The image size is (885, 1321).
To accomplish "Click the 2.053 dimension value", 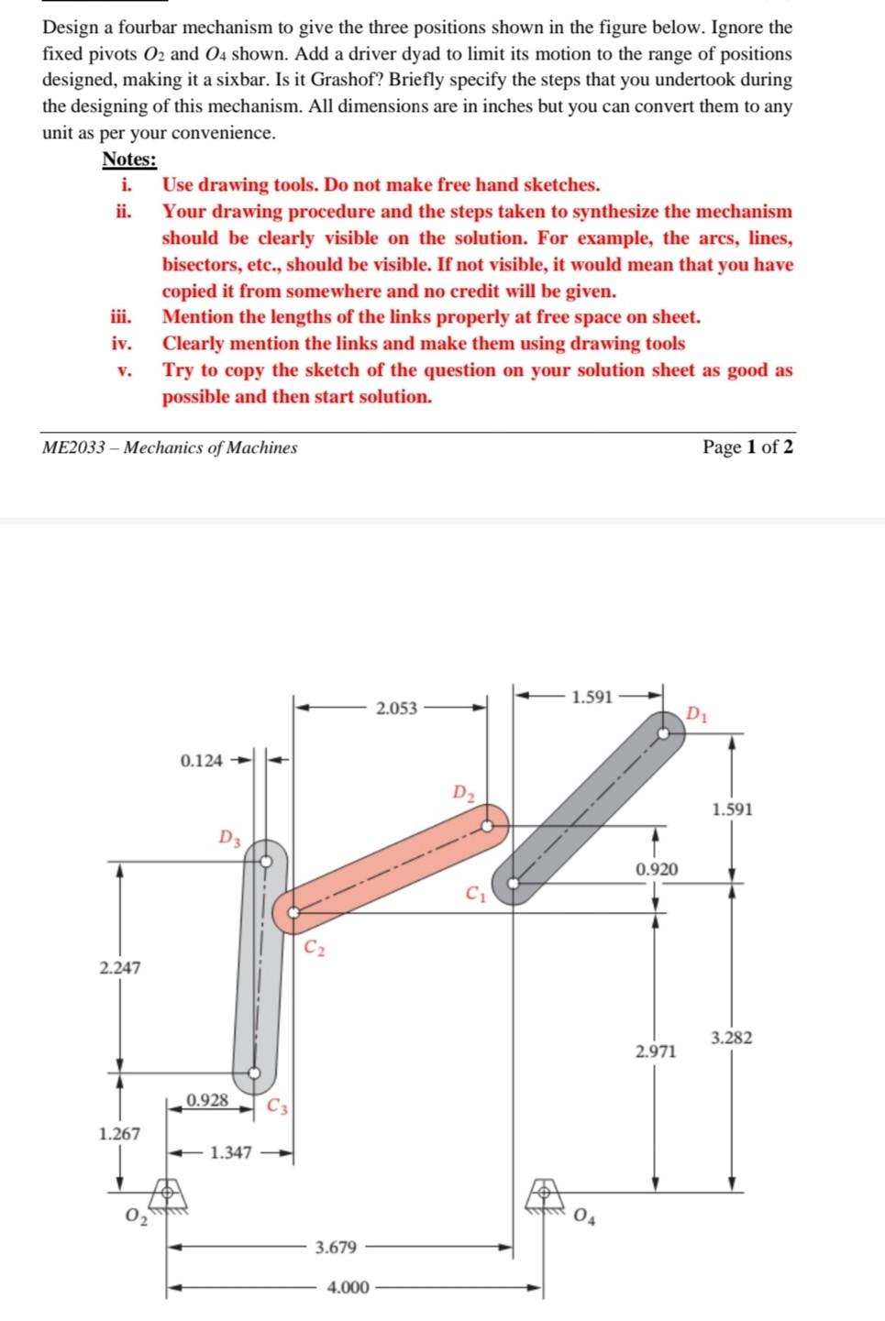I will pos(396,708).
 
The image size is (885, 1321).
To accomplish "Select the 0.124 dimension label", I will pos(201,760).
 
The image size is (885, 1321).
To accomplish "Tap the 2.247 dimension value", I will pos(120,967).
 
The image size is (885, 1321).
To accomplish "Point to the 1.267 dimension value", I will pos(120,1133).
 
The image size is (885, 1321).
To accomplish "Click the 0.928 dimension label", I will pos(207,1099).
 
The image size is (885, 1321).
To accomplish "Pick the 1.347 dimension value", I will pos(230,1152).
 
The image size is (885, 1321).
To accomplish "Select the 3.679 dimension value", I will pos(336,1247).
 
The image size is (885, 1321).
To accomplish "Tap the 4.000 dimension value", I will pos(348,1287).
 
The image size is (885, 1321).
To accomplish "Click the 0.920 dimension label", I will pos(657,868).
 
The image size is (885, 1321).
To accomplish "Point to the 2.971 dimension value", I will pos(656,1051).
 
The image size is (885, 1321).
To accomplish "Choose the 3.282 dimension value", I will pos(732,1038).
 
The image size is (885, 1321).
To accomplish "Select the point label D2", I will pos(464,792).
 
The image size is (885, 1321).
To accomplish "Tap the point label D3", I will pos(230,837).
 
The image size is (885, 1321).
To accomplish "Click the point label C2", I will pos(314,946).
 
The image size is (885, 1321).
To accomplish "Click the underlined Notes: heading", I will pos(129,159).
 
